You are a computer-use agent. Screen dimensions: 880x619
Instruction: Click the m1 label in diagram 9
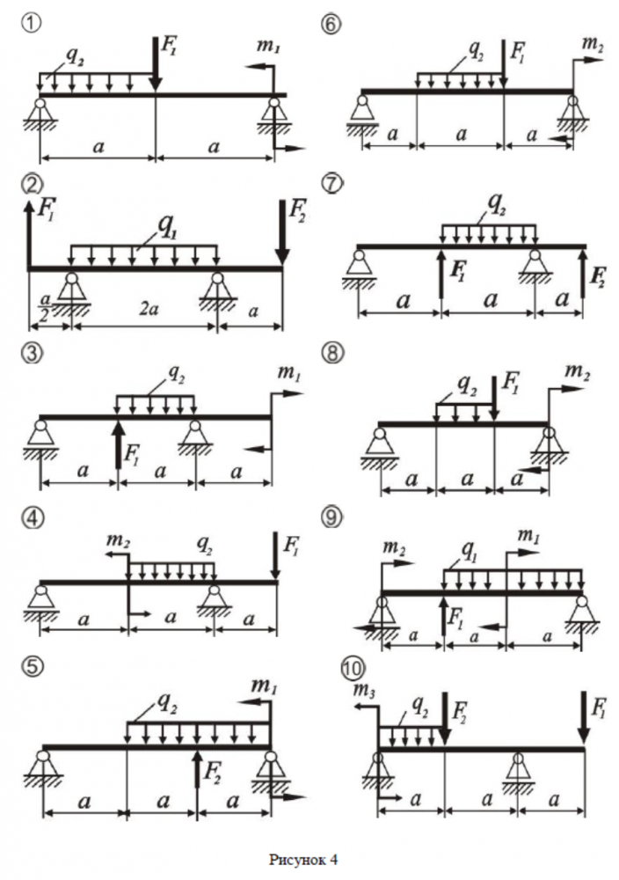pyautogui.click(x=527, y=535)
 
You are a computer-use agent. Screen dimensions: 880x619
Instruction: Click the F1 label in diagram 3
pyautogui.click(x=133, y=456)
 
